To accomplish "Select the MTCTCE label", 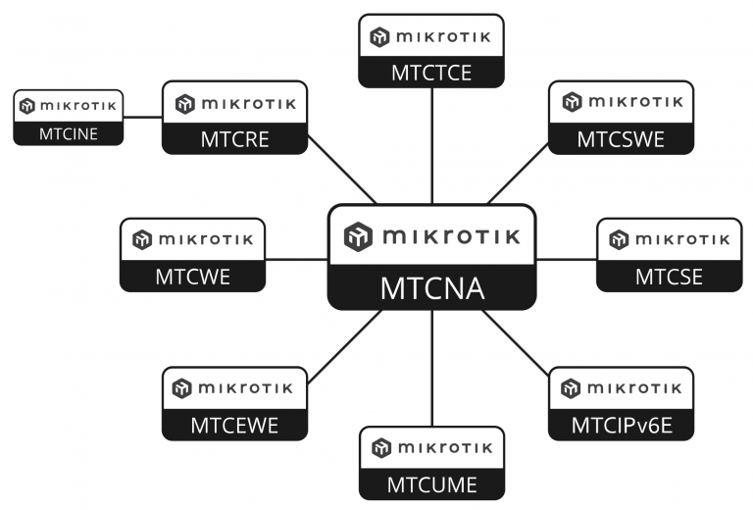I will point(431,72).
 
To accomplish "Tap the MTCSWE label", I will point(621,139).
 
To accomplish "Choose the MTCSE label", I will point(669,277).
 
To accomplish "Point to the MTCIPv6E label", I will point(621,425).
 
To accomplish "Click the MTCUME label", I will point(431,484).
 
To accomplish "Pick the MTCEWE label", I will point(234,425).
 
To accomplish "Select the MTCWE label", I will point(192,277).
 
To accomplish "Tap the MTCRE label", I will point(234,139).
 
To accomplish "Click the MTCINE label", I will point(69,133).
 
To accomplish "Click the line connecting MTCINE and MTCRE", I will point(143,117).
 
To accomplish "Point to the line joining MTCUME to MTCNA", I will point(431,368).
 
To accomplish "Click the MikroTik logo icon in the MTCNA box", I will point(359,236).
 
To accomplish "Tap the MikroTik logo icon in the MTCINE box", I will point(27,106).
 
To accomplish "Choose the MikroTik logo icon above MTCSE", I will point(619,239).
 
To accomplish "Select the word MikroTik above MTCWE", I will point(209,239).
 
